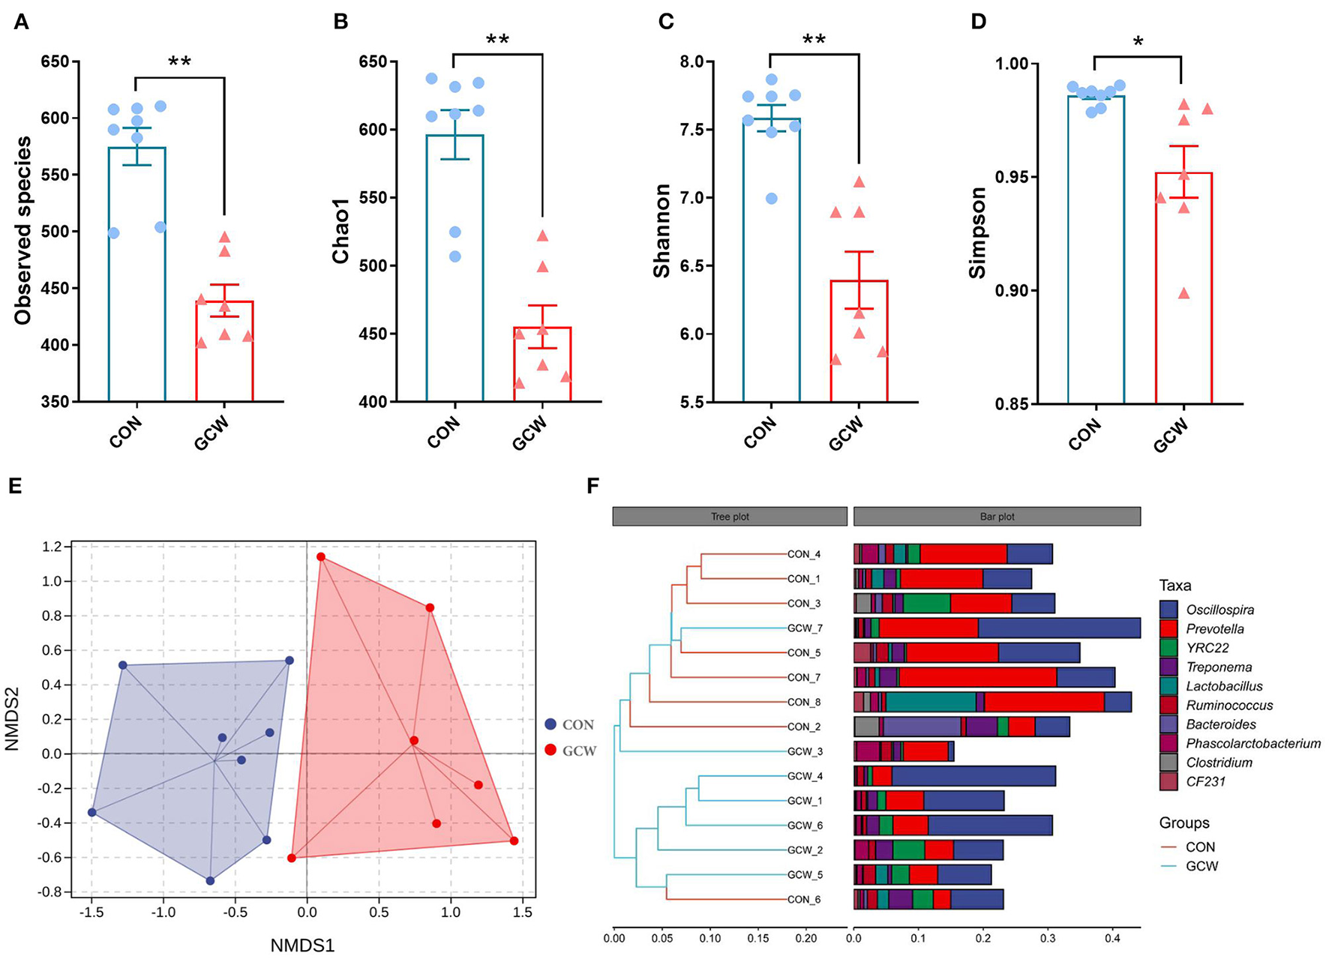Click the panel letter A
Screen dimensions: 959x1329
22,22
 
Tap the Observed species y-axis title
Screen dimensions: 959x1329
23,230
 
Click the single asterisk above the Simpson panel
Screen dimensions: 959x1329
1138,43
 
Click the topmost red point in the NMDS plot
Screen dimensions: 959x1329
321,557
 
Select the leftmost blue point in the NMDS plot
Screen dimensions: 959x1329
92,812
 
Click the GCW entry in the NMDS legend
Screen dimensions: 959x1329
578,751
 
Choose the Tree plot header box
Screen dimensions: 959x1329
730,517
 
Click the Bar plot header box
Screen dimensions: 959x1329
997,517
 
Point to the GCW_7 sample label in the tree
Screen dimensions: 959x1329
803,628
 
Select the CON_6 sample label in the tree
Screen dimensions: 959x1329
803,899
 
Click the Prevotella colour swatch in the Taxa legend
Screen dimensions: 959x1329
1169,629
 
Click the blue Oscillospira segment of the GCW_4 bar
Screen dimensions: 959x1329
973,776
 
